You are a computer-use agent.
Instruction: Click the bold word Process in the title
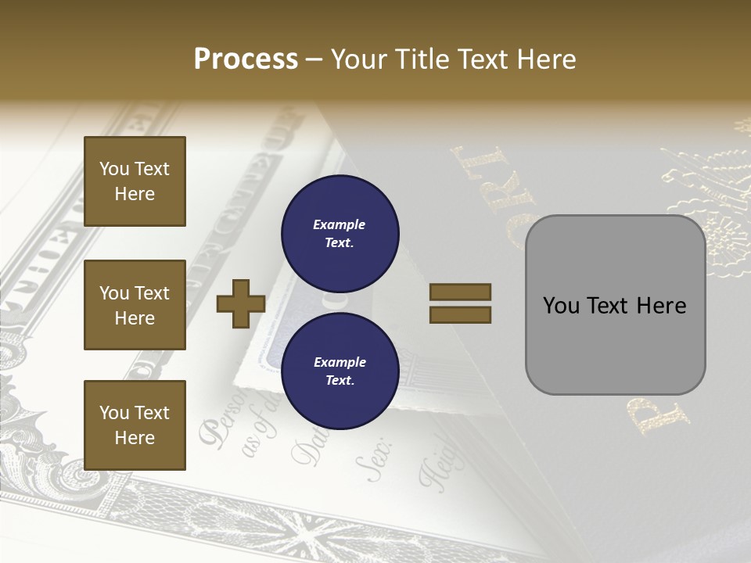coord(246,59)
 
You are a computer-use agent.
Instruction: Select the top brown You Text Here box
coord(135,181)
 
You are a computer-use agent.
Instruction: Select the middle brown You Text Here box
coord(135,305)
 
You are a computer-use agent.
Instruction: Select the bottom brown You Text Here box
coord(135,425)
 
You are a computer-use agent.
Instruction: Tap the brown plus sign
coord(241,303)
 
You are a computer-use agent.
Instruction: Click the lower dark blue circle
coord(340,371)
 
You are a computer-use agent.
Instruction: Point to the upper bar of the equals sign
coord(460,292)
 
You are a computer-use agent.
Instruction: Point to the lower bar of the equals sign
coord(460,314)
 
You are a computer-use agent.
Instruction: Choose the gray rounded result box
coord(615,305)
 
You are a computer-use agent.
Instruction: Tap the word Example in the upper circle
coord(340,224)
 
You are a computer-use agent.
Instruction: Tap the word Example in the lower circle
coord(340,362)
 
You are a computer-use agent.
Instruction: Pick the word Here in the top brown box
coord(135,194)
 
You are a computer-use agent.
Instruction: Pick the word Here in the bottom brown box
coord(135,438)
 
